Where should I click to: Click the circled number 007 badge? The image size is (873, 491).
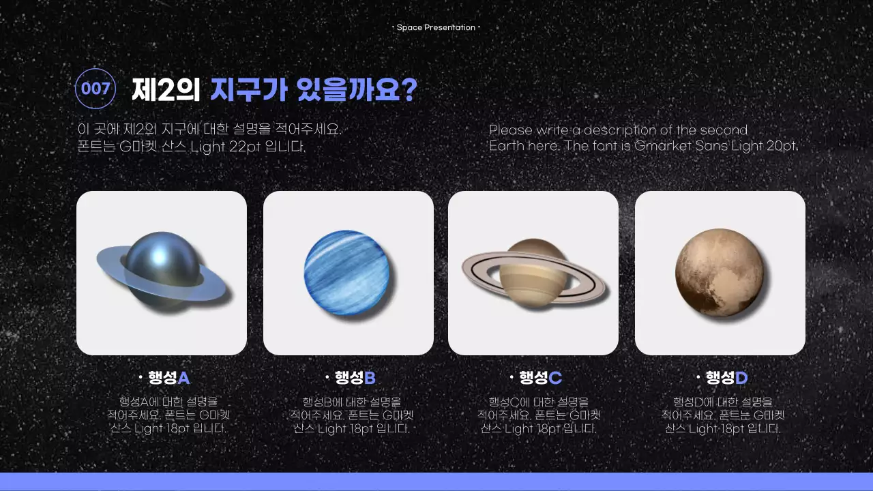pos(95,89)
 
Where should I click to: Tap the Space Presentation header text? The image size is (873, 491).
pos(436,27)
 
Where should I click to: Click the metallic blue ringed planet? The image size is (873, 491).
pos(161,271)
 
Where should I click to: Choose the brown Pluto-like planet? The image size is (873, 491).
pos(719,271)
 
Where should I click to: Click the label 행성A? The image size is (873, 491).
pos(168,378)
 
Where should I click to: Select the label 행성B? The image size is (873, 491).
pos(355,378)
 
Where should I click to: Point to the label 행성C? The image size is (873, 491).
pos(540,378)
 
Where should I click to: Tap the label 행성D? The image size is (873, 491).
pos(726,378)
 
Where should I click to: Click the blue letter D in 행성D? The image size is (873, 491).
pos(741,378)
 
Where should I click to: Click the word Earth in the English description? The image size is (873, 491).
pos(508,146)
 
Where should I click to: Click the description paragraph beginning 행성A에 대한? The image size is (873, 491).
pos(168,415)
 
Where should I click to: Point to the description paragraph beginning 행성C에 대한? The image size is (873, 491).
pos(539,415)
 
